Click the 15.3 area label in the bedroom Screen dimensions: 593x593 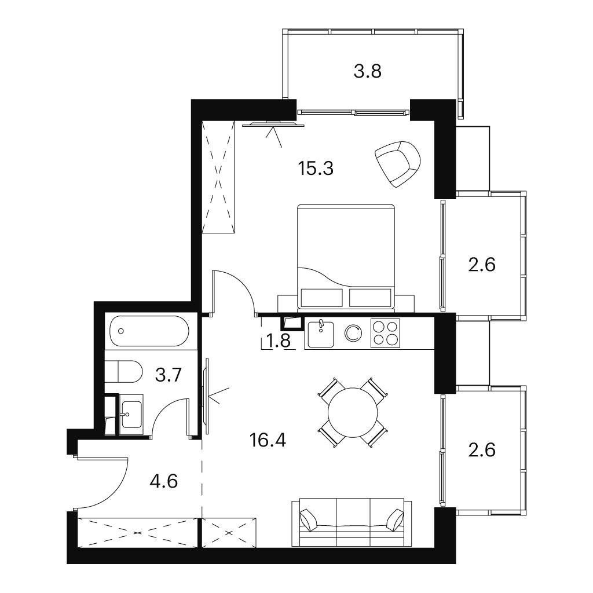(x=316, y=169)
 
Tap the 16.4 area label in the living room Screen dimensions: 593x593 (x=268, y=440)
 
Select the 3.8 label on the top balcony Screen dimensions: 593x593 (x=368, y=71)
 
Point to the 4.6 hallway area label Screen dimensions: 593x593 (x=164, y=482)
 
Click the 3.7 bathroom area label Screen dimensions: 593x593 (x=169, y=376)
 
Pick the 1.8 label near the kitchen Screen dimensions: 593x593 (x=279, y=341)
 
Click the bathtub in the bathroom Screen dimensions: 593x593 (x=149, y=331)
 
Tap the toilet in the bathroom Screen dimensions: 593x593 (x=123, y=371)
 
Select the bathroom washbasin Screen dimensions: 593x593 (x=131, y=414)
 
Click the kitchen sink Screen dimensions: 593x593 (x=321, y=334)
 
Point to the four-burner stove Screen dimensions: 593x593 (x=385, y=333)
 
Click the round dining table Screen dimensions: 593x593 (x=353, y=412)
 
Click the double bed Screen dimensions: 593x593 (x=346, y=257)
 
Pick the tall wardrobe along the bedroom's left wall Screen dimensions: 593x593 (x=218, y=177)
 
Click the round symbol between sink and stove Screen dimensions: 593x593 (x=354, y=333)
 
